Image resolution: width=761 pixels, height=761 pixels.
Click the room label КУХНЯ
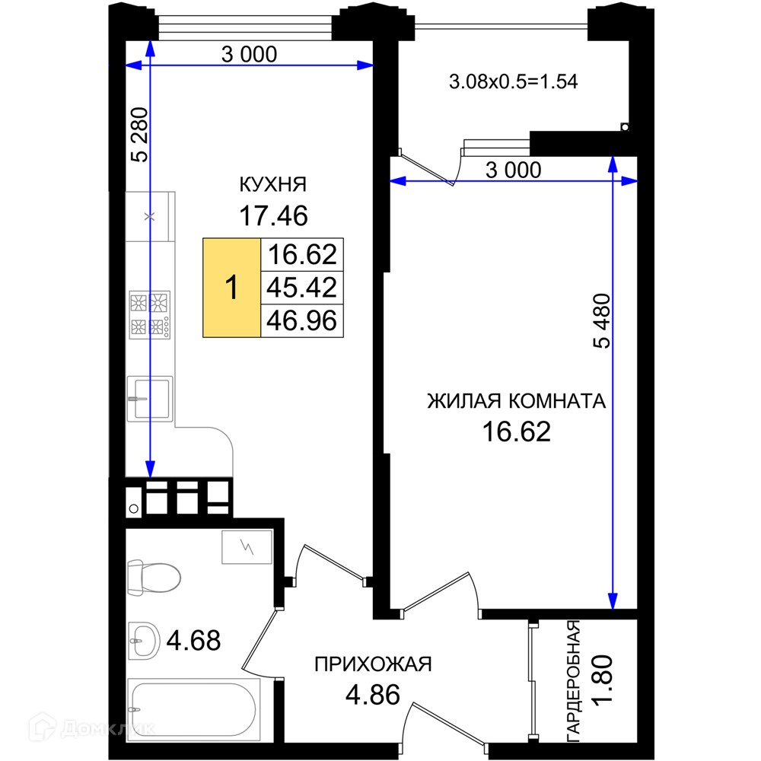click(x=273, y=184)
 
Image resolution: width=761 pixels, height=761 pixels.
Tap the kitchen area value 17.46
click(x=273, y=216)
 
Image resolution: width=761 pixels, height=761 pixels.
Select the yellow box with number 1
click(x=231, y=288)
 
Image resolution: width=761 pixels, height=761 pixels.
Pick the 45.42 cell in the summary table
click(x=302, y=288)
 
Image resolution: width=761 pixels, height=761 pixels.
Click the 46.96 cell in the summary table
click(x=302, y=321)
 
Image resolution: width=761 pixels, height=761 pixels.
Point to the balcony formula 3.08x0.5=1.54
click(x=514, y=81)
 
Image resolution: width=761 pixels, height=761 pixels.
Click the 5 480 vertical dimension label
click(x=602, y=321)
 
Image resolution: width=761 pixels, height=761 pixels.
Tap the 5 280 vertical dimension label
click(x=140, y=135)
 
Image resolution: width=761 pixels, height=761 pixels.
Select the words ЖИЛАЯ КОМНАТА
click(x=517, y=401)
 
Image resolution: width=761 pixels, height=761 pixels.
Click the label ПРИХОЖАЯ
click(x=373, y=664)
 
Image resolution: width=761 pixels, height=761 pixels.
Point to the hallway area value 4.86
click(x=373, y=695)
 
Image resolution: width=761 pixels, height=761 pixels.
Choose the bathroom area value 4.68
click(x=193, y=641)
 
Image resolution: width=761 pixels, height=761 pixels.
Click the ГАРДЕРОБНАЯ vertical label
click(x=574, y=680)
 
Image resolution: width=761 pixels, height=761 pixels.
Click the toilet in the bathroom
click(x=154, y=578)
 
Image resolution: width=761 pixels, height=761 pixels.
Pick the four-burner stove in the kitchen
click(x=149, y=315)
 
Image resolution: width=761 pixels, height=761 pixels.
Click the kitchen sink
click(x=150, y=399)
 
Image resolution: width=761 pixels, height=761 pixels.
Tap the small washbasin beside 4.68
click(x=144, y=641)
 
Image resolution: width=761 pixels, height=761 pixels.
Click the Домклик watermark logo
click(x=92, y=728)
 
